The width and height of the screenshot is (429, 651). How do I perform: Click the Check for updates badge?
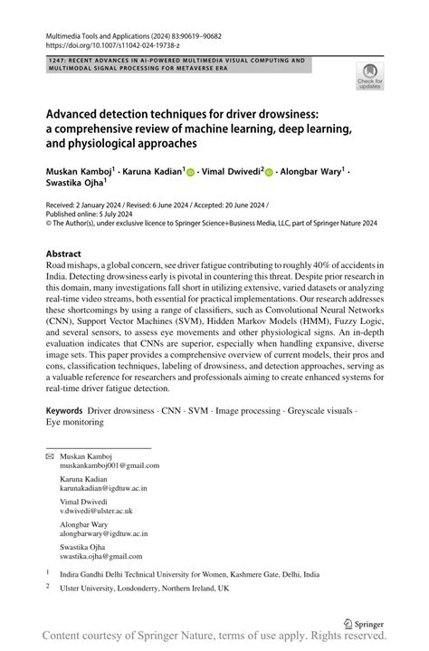370,78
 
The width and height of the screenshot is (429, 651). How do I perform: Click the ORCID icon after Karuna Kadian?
191,172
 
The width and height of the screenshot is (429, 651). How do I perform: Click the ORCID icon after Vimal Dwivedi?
270,172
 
